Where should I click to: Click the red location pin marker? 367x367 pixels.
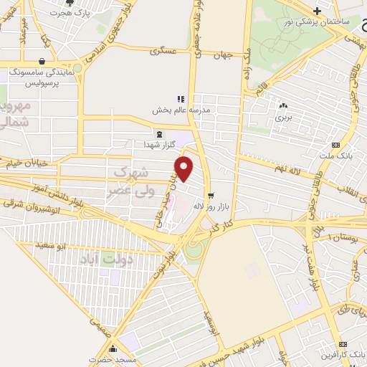(185, 169)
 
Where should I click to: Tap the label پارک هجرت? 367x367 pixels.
(93, 13)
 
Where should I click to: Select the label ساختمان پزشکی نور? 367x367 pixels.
(318, 22)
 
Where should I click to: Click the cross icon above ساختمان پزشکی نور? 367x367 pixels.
(317, 10)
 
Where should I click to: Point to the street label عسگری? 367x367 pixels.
(163, 52)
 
